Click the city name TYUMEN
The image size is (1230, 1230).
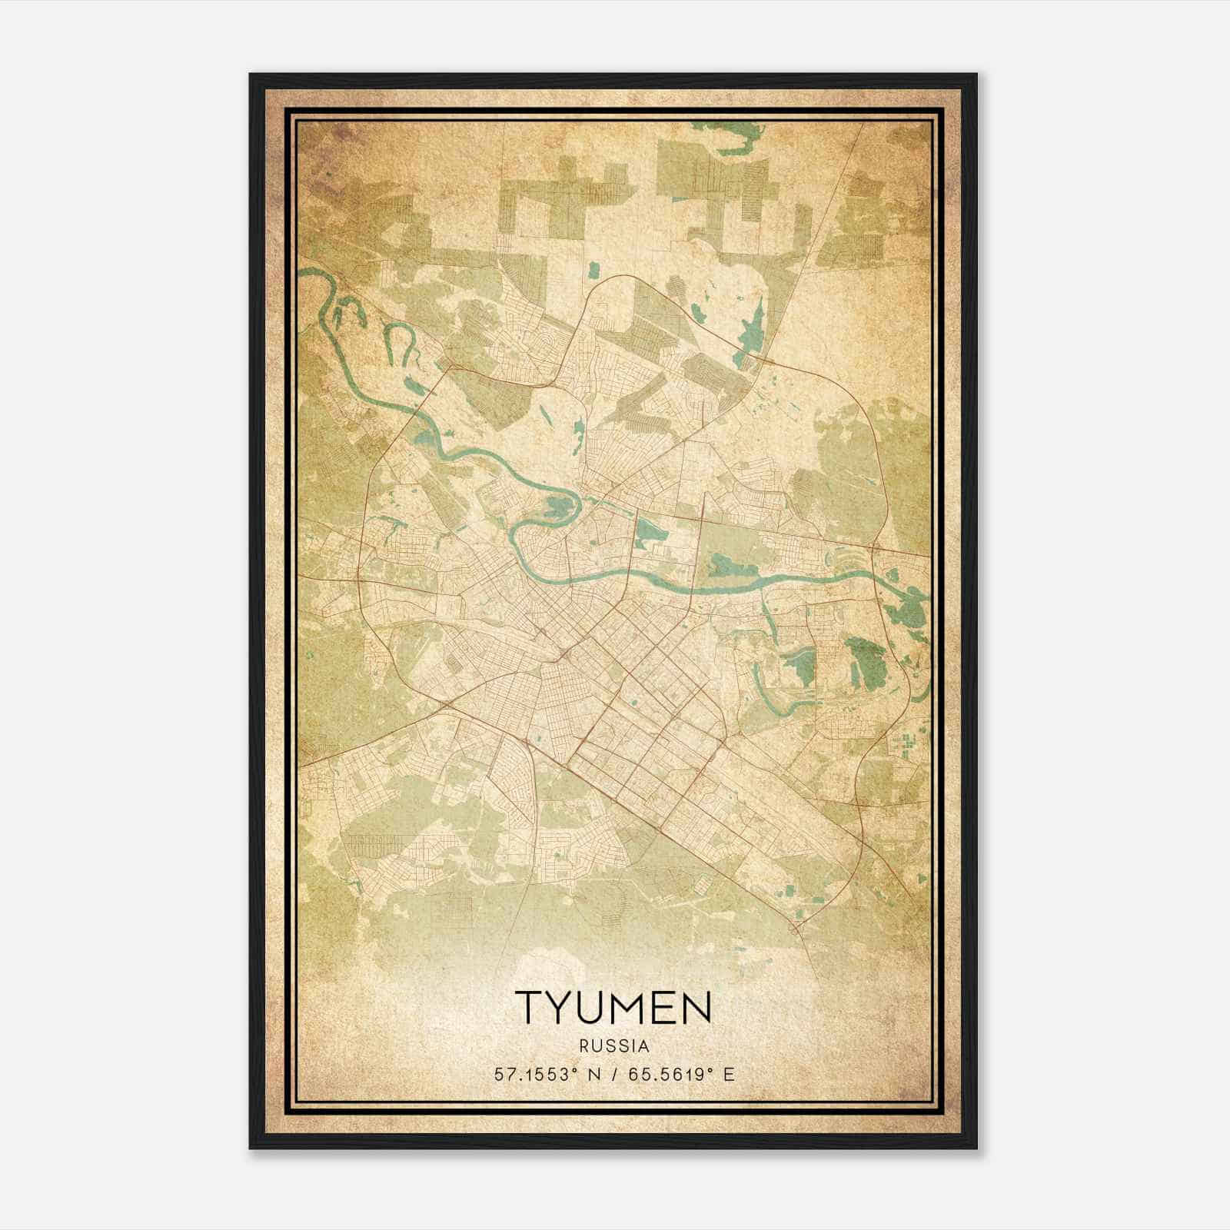click(613, 1006)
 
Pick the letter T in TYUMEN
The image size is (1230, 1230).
click(529, 1006)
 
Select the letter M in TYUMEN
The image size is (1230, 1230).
click(630, 1006)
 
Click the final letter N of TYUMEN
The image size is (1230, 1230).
click(695, 1006)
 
